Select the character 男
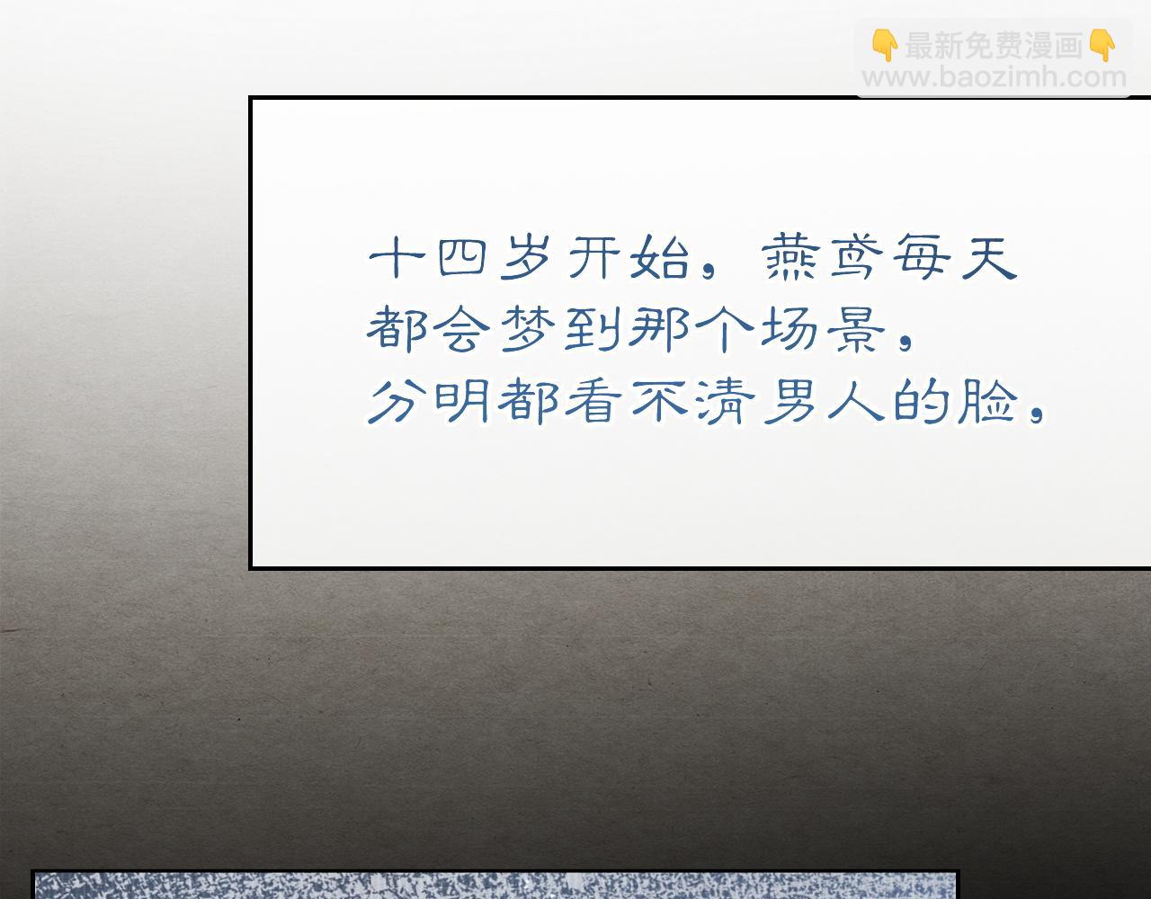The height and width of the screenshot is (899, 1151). [x=790, y=402]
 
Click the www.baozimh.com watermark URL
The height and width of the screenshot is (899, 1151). [x=994, y=77]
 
